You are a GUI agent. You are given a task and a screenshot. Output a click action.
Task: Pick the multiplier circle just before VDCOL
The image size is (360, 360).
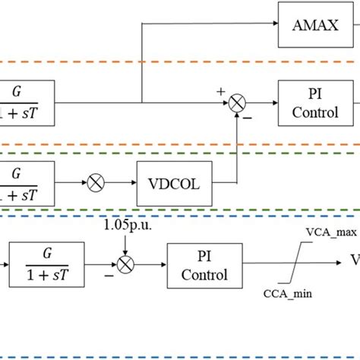coord(97,182)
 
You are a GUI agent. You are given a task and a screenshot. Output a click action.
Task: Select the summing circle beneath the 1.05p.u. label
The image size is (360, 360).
coord(127,264)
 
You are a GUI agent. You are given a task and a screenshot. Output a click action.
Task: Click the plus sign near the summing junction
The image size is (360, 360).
coord(222,91)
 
